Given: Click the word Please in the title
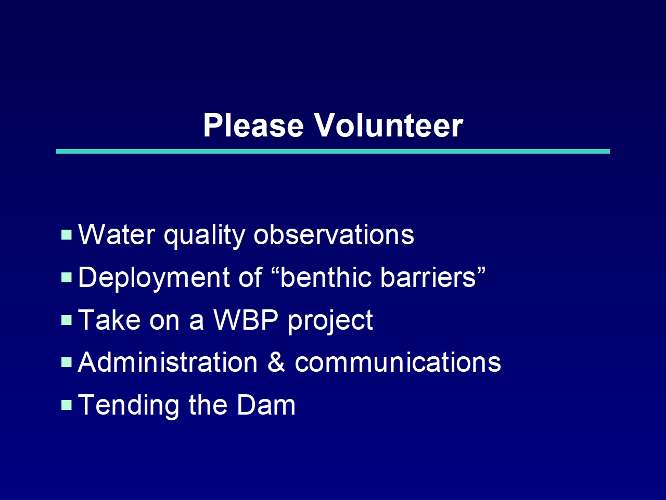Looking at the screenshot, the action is click(x=254, y=125).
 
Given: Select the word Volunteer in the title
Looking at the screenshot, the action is click(x=389, y=125).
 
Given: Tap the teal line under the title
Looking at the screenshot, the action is click(x=333, y=151).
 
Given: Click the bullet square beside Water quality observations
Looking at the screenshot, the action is click(x=67, y=235).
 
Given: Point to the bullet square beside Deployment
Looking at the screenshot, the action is click(x=67, y=277).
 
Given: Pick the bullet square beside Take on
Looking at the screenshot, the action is click(x=67, y=320).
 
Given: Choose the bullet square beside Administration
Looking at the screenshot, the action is click(x=67, y=362).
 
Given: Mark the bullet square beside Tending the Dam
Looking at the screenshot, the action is click(x=67, y=405).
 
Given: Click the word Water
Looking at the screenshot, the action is click(x=117, y=234).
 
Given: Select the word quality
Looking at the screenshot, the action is click(x=204, y=237).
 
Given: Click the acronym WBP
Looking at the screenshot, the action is click(x=246, y=319).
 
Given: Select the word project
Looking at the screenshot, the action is click(x=330, y=322).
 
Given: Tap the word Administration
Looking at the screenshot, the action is click(x=168, y=362).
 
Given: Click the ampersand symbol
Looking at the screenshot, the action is click(x=276, y=362).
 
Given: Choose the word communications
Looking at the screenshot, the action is click(x=398, y=362).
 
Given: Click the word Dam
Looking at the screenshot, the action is click(x=266, y=405).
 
